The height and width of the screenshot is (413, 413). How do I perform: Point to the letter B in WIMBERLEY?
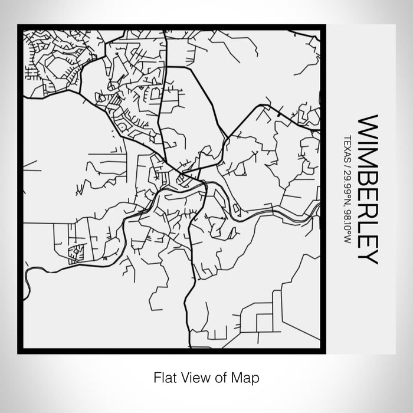(369, 176)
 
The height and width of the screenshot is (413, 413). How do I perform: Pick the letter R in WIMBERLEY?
(369, 208)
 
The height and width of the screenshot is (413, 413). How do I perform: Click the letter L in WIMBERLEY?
(369, 224)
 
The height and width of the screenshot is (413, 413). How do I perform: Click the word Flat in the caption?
(164, 376)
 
